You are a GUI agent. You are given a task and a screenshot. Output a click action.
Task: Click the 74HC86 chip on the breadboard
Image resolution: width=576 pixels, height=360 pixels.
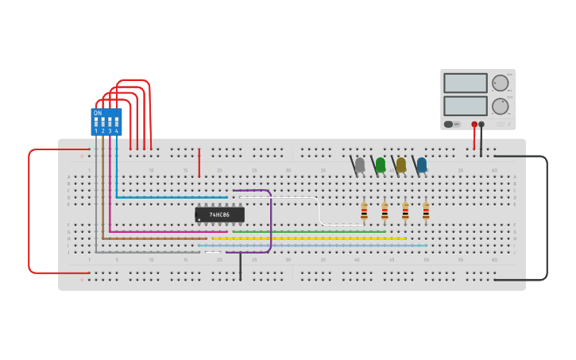tap(219, 215)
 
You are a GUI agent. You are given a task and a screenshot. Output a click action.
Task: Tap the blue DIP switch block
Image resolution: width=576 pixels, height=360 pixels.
tap(106, 122)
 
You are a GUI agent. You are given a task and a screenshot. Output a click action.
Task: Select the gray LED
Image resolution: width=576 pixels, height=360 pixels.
tap(359, 165)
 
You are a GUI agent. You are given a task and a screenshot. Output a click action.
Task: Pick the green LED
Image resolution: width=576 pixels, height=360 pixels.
tap(380, 165)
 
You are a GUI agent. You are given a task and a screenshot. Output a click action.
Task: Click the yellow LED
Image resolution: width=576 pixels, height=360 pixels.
tap(400, 165)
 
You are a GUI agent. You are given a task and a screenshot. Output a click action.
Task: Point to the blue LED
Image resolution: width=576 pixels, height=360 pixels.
tap(421, 165)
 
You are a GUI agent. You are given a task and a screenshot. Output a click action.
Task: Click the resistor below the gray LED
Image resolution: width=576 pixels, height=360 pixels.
tap(364, 211)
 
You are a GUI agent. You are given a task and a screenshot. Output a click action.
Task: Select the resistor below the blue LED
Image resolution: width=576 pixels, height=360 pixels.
tap(426, 211)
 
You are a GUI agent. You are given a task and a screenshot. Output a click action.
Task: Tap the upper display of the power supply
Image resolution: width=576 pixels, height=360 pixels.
tap(465, 83)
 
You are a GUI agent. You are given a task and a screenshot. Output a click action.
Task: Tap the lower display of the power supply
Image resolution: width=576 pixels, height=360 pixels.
tap(465, 106)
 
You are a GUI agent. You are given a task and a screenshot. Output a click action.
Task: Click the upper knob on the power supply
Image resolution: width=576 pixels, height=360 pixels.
tap(500, 83)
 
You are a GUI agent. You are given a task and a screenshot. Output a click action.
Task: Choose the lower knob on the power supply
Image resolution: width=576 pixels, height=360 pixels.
tap(500, 106)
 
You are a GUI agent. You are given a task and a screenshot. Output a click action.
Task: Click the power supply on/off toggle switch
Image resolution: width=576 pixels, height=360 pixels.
tap(450, 124)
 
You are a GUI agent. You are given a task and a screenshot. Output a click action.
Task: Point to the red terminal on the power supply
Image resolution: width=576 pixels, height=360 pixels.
tap(474, 125)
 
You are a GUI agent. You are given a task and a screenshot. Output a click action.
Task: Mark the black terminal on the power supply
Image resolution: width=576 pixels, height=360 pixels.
tap(481, 125)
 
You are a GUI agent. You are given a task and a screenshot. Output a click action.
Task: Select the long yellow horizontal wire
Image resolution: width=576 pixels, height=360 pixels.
tap(310, 238)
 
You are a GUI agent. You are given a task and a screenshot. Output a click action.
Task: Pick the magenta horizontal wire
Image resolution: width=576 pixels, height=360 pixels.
tap(167, 232)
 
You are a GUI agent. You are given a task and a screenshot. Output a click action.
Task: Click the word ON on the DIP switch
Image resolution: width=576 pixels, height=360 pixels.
tap(98, 113)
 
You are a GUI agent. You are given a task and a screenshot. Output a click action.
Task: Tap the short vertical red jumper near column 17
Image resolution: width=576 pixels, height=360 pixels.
tap(199, 162)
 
